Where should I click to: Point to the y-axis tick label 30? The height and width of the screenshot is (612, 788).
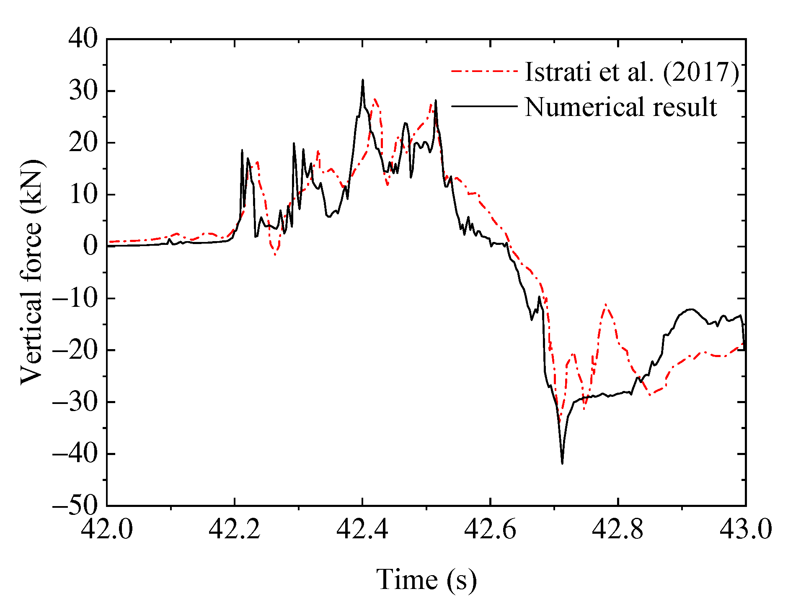click(83, 91)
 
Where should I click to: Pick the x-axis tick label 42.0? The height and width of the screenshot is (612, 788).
click(107, 529)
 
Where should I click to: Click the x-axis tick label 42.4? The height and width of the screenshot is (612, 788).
click(362, 529)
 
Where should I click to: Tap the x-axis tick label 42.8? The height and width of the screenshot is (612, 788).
click(618, 529)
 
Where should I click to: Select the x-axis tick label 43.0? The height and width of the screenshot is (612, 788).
click(746, 529)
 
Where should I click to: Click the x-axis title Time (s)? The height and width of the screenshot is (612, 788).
click(426, 580)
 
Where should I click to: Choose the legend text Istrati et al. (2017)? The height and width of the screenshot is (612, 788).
click(632, 72)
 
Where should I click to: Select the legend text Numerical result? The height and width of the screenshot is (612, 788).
click(621, 107)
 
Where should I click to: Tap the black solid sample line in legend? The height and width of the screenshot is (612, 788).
click(484, 106)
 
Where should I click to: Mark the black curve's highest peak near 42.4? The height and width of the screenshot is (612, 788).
click(363, 80)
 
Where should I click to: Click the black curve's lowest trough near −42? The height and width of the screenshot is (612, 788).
click(562, 463)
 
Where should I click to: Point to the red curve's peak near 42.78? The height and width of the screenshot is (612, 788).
click(606, 305)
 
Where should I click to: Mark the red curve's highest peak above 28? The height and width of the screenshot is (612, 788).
click(375, 99)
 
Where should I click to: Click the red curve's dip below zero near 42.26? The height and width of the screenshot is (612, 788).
click(275, 254)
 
